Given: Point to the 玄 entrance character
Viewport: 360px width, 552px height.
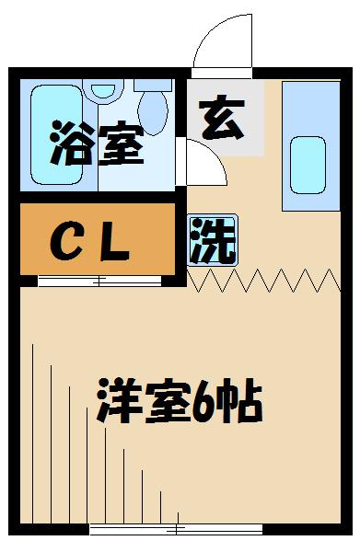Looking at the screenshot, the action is tap(222, 121).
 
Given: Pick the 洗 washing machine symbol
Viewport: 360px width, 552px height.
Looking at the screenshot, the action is tap(212, 240).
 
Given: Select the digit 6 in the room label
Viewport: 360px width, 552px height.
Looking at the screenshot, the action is tap(201, 402).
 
